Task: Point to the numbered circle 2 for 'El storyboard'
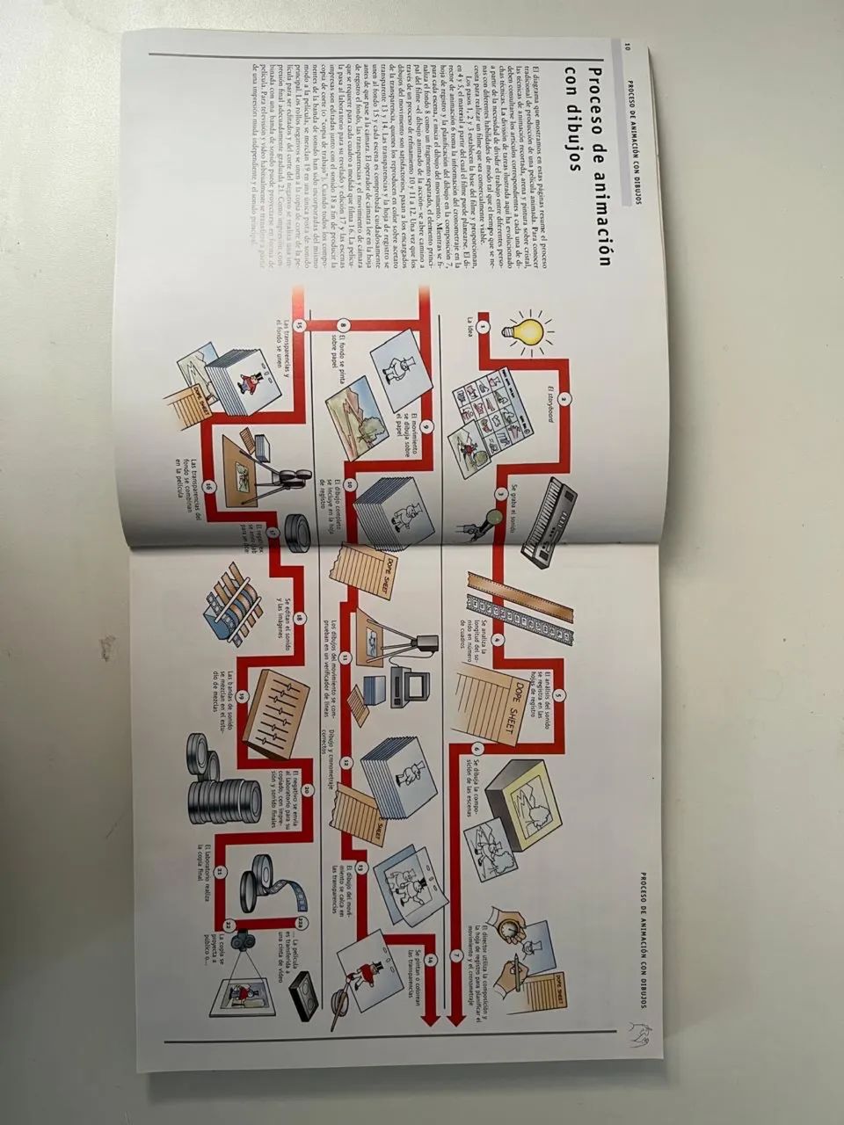565,397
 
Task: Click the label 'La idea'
471,326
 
